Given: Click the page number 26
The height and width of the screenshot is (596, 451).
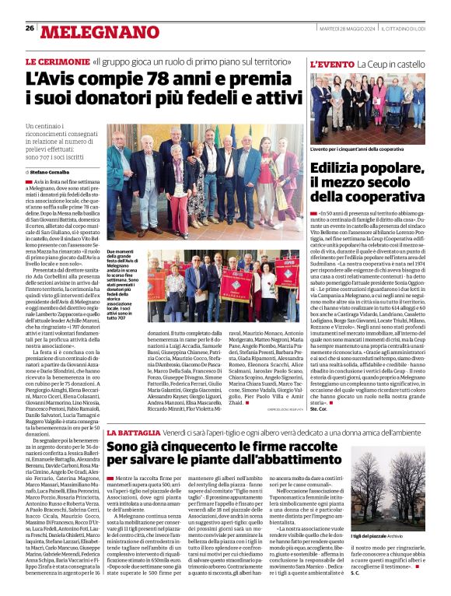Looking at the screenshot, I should (30, 28).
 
